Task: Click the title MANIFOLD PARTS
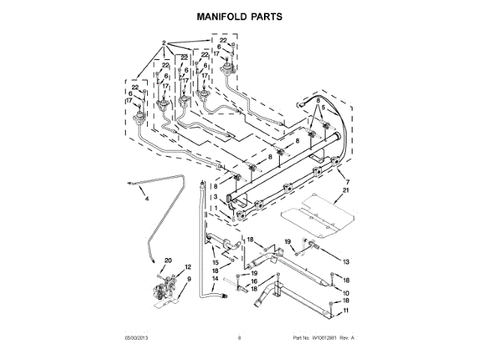[x=240, y=15]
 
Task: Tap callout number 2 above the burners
[x=163, y=43]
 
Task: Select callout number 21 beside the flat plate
[x=346, y=192]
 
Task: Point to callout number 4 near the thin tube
[x=147, y=199]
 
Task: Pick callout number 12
[x=188, y=268]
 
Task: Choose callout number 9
[x=188, y=279]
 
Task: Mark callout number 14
[x=214, y=278]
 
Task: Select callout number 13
[x=346, y=260]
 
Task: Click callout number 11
[x=346, y=310]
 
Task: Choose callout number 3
[x=214, y=196]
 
